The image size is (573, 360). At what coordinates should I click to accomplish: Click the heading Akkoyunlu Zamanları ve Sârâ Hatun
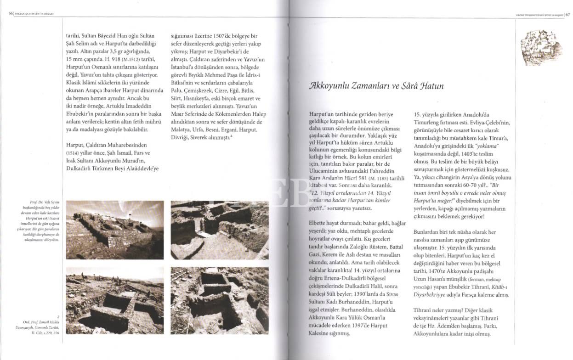pyautogui.click(x=376, y=86)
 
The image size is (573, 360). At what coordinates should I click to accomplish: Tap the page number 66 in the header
pyautogui.click(x=11, y=13)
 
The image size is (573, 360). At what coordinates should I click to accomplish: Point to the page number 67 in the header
pyautogui.click(x=567, y=14)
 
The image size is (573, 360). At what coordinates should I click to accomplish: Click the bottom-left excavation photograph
pyautogui.click(x=114, y=301)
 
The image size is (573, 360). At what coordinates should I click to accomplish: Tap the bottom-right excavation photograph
pyautogui.click(x=220, y=301)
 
